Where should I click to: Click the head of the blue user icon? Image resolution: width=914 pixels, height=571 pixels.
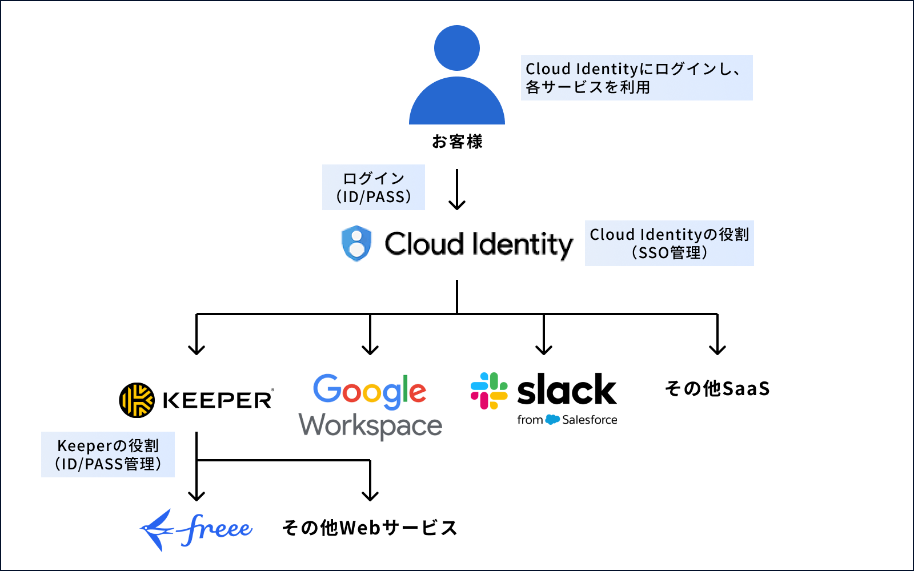[457, 48]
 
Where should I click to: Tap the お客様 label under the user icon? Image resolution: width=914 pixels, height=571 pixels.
[457, 142]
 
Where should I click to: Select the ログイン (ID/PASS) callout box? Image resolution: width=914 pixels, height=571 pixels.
[374, 187]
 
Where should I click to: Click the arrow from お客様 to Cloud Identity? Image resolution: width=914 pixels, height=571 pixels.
[457, 190]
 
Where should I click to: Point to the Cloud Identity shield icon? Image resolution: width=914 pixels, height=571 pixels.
[356, 243]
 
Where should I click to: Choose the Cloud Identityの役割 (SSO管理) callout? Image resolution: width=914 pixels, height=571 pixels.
[669, 243]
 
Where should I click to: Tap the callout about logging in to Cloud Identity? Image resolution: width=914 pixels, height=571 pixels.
[636, 78]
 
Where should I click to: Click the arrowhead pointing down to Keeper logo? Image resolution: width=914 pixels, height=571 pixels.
[197, 349]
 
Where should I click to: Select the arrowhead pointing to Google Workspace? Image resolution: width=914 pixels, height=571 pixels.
[370, 349]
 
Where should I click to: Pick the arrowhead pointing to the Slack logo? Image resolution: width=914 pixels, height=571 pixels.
[544, 349]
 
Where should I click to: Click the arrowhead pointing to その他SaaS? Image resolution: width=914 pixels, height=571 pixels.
[717, 349]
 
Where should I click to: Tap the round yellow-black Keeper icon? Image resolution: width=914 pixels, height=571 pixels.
[137, 400]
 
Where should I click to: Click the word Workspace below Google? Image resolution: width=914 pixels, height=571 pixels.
[370, 426]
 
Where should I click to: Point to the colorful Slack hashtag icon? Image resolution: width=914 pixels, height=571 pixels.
[489, 391]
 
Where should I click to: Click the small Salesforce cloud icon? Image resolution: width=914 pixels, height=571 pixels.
[552, 420]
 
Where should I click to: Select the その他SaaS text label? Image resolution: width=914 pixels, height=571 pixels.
[717, 389]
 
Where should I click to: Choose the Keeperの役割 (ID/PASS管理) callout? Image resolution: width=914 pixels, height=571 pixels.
[108, 455]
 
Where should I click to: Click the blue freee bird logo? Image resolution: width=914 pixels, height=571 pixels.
[158, 530]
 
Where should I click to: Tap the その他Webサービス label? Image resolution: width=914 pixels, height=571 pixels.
[370, 528]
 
